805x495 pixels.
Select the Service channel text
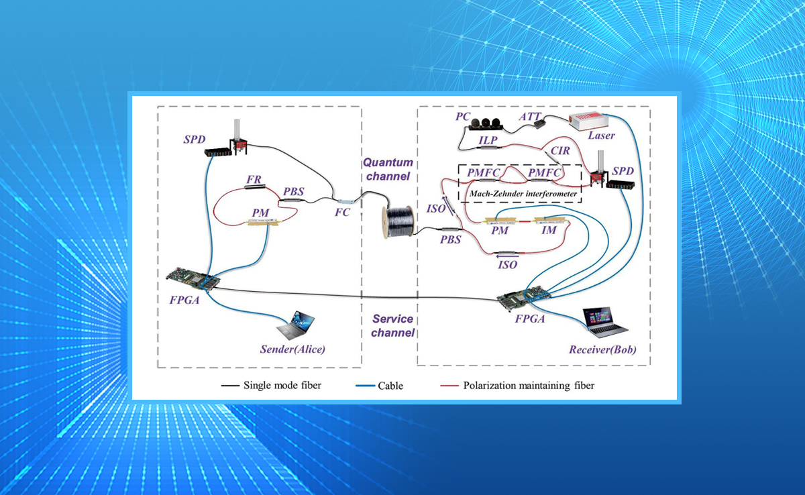pyautogui.click(x=392, y=326)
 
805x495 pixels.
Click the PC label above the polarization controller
pyautogui.click(x=463, y=116)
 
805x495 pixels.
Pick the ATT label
pyautogui.click(x=530, y=116)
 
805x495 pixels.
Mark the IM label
pyautogui.click(x=549, y=231)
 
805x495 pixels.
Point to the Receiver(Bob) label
pyautogui.click(x=602, y=349)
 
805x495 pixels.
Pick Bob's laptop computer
pyautogui.click(x=605, y=321)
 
